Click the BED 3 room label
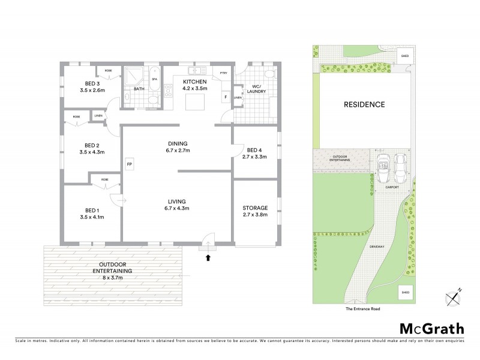91,87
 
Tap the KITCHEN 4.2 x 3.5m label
195,85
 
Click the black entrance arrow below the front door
209,258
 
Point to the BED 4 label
255,154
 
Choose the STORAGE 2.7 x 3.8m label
255,211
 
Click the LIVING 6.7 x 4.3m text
177,205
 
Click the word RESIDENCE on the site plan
364,104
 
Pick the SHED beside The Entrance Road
405,293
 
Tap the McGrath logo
432,328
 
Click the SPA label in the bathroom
154,79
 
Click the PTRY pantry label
223,73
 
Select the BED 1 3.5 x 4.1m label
91,214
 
